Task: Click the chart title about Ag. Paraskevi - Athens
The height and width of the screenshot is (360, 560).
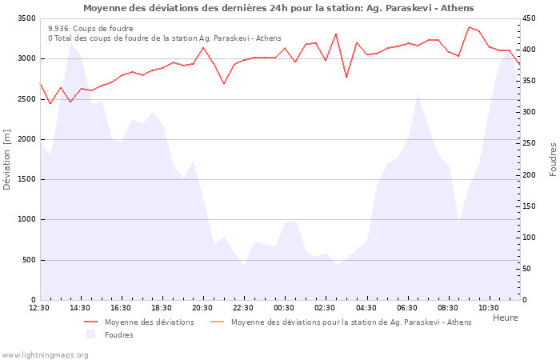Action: click(278, 8)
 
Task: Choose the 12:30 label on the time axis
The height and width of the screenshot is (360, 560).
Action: click(39, 308)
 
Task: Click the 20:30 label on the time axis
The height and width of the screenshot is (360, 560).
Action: click(202, 308)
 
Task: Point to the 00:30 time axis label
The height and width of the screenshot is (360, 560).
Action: click(284, 308)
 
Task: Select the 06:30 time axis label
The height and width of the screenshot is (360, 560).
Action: click(406, 308)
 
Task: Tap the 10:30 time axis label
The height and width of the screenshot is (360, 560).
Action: click(488, 308)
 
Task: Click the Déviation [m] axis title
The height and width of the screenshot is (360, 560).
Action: click(7, 159)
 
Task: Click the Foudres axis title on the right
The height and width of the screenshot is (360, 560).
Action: click(553, 159)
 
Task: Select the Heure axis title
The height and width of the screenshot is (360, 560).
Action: click(505, 318)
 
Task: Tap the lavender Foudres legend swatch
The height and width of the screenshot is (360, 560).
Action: click(90, 334)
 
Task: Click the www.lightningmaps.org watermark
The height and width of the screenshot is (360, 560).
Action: click(46, 354)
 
